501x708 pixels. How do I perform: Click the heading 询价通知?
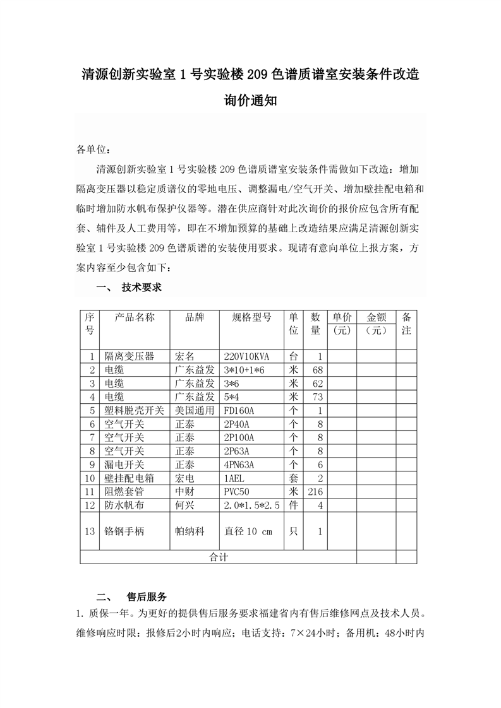250,100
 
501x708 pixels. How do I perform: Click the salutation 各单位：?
95,150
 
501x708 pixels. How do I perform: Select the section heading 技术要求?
142,287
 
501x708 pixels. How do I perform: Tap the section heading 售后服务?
147,596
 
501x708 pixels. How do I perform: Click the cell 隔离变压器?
129,356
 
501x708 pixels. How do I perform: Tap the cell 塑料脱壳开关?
134,410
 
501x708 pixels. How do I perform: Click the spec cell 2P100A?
239,437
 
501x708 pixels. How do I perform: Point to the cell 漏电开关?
124,464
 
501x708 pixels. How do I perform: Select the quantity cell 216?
314,492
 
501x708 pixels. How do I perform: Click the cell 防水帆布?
124,505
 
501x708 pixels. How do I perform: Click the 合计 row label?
218,557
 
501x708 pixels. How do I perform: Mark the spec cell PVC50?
236,492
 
